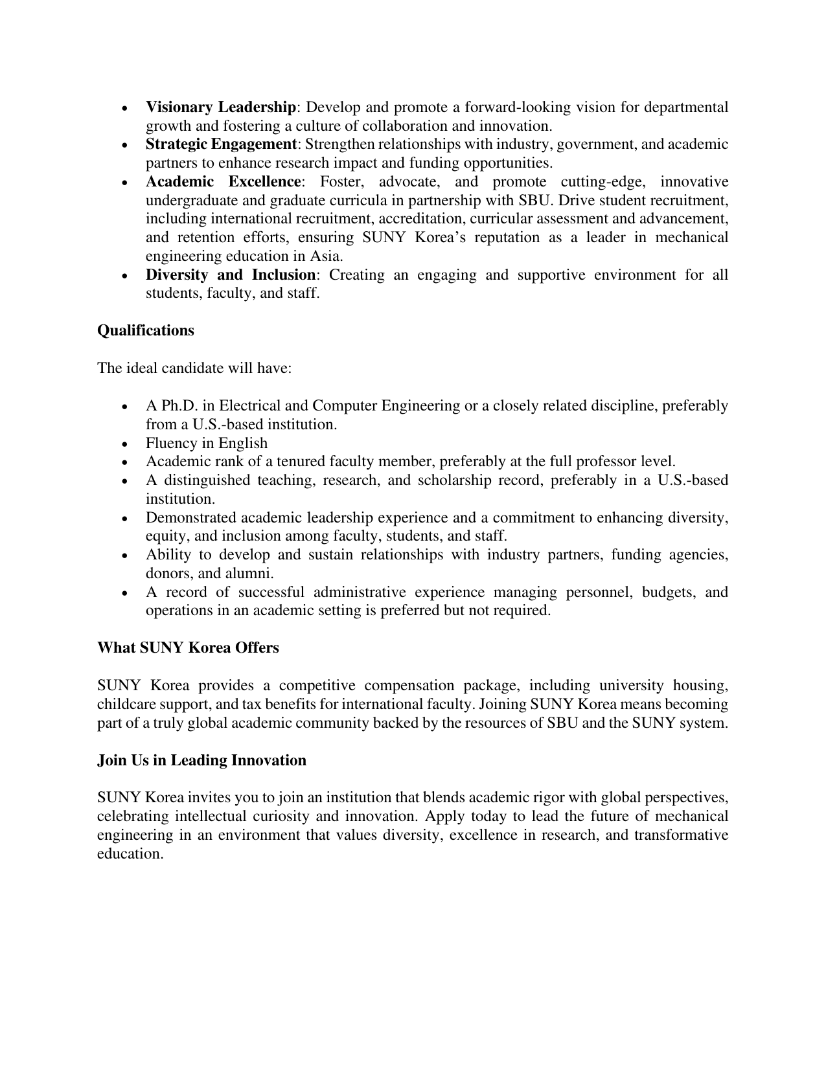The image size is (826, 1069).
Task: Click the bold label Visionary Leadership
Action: (220, 107)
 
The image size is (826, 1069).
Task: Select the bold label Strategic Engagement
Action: (220, 144)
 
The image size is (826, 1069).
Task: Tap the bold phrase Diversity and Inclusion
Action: (230, 275)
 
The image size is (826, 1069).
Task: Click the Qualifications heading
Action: (146, 330)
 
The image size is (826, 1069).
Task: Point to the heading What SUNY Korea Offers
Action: (188, 647)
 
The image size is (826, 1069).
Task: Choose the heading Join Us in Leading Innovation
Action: (201, 760)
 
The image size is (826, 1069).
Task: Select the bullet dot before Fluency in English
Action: (125, 444)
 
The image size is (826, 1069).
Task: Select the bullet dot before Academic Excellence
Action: (125, 183)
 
